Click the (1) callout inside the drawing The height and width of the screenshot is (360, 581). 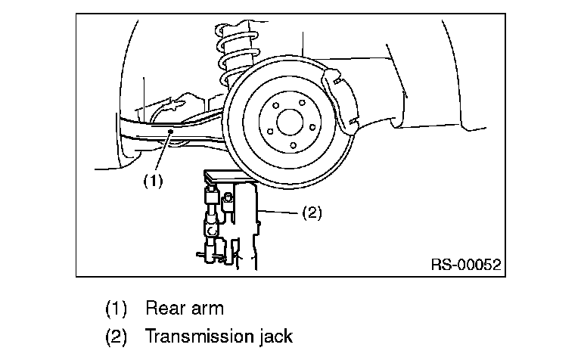tap(153, 181)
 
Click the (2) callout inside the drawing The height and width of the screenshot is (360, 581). tap(312, 213)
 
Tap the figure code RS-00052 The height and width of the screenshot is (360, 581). tap(466, 265)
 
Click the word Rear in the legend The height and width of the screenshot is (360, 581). tap(163, 308)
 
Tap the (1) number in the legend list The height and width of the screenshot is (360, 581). tap(116, 309)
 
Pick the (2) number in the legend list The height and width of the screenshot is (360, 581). tap(116, 337)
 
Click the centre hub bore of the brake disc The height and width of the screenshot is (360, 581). tap(290, 123)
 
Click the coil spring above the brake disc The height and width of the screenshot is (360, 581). tap(236, 55)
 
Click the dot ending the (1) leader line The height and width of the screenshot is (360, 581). tap(170, 131)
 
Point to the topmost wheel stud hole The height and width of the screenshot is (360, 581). tap(303, 102)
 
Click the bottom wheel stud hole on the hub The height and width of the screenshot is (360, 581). tap(293, 145)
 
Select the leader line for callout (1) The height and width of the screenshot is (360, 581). tap(163, 151)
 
